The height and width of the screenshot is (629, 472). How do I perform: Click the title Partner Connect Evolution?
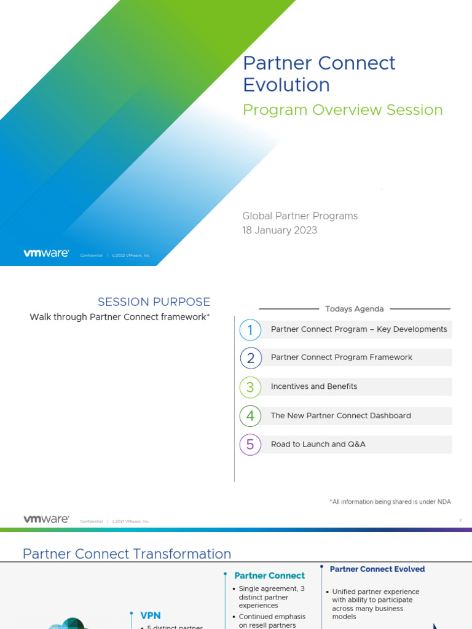point(319,73)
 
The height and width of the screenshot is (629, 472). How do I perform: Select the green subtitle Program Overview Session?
point(342,110)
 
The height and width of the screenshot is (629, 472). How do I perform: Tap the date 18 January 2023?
point(280,230)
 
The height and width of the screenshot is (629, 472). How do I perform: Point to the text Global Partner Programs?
point(300,216)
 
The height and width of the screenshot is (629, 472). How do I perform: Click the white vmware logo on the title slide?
point(46,253)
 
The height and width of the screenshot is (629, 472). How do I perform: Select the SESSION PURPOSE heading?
point(154,302)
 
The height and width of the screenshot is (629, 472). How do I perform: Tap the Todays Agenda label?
point(354,309)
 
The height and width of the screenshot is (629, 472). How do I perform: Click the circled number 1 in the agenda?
point(250,330)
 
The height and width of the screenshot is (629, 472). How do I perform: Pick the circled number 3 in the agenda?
point(250,387)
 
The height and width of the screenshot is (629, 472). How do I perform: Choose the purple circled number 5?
point(250,445)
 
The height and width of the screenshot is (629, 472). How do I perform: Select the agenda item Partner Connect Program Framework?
point(341,357)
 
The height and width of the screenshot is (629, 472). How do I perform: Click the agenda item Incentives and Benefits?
point(313,386)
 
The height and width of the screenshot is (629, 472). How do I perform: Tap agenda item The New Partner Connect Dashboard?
point(340,415)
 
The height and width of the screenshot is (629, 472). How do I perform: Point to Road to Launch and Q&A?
point(318,444)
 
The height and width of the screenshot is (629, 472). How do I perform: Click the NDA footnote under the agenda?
point(390,502)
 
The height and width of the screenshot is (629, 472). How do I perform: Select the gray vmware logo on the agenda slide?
point(46,519)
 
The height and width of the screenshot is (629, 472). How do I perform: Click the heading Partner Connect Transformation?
point(127,554)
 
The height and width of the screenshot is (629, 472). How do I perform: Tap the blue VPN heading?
point(151,615)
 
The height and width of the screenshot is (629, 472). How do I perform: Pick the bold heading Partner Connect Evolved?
point(377,569)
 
